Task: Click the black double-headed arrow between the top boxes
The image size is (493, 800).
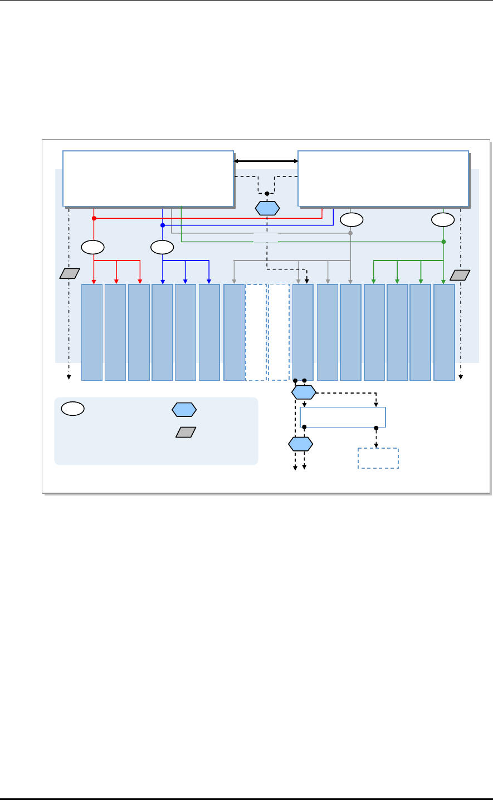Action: [266, 161]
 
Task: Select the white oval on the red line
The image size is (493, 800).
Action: [93, 246]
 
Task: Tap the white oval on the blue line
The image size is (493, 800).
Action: [162, 246]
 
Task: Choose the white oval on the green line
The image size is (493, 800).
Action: [443, 219]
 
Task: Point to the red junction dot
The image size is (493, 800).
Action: [94, 218]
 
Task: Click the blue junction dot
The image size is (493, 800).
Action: [163, 225]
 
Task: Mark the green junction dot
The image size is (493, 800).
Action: [443, 242]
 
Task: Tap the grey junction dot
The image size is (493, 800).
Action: [350, 233]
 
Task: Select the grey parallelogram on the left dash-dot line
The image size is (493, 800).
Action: [70, 274]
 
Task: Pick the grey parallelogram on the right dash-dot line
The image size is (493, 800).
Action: [461, 274]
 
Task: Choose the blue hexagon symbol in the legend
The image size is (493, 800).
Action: [184, 409]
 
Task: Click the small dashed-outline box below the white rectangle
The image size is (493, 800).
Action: [378, 458]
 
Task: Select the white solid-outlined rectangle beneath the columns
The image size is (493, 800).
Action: [343, 417]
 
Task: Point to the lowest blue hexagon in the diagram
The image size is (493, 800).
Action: [301, 444]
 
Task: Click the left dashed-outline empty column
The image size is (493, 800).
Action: [256, 332]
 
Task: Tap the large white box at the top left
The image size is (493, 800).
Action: [148, 178]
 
